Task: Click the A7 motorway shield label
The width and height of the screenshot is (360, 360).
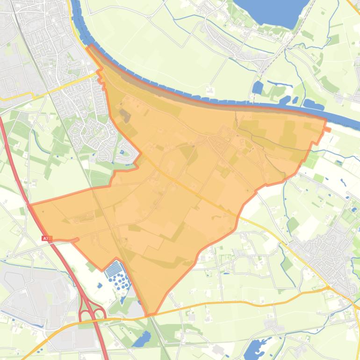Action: (x=45, y=238)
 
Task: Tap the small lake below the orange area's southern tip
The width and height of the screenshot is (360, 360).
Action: (x=143, y=338)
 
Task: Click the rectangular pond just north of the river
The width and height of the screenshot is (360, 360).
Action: (x=257, y=87)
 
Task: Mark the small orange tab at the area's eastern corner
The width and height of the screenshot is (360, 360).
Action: (x=327, y=129)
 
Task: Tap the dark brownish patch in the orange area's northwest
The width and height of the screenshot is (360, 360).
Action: (x=124, y=114)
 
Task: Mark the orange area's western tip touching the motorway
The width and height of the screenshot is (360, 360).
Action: (x=32, y=205)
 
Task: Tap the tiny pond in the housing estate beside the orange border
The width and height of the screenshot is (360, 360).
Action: (x=122, y=152)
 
